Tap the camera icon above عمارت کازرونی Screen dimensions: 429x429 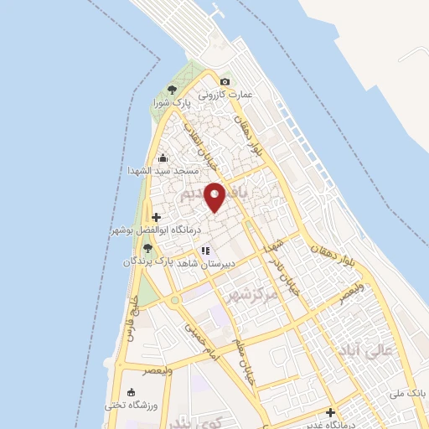tap(225, 81)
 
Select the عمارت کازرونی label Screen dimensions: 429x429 tap(225, 95)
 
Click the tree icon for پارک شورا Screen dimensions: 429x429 tap(172, 89)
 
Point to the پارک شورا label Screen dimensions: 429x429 tap(172, 102)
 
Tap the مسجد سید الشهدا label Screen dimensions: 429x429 tap(162, 171)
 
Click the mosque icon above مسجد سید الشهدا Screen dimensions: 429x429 tap(162, 158)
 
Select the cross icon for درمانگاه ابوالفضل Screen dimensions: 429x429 tap(157, 217)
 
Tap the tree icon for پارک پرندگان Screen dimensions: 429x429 tap(147, 248)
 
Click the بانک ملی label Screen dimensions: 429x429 tap(411, 392)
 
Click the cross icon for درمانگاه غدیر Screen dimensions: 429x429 tap(331, 412)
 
